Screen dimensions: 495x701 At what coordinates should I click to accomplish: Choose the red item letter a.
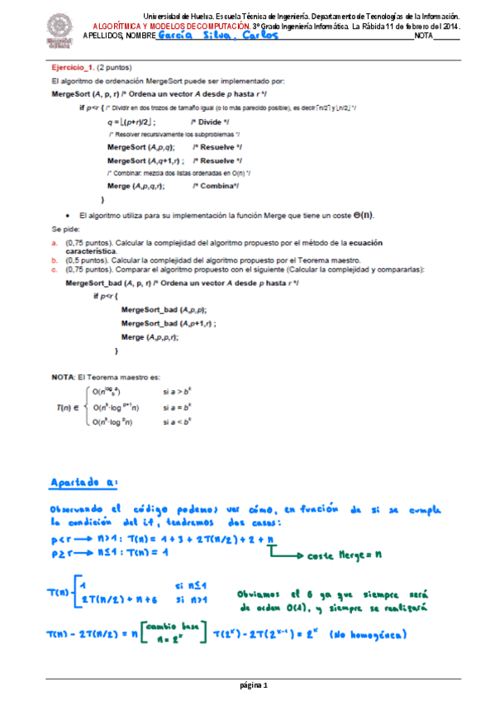pos(55,243)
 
